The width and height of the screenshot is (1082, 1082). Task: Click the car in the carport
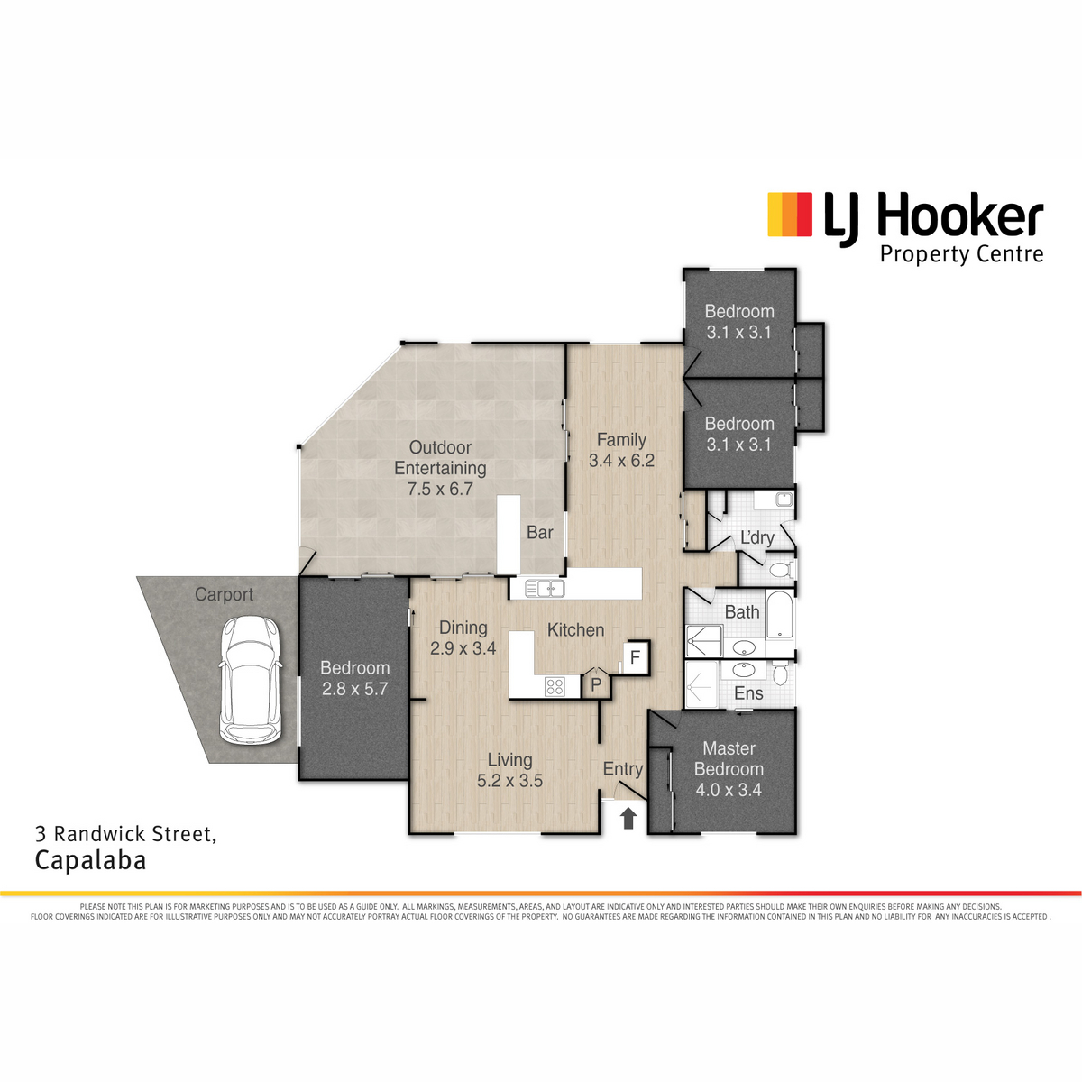[x=250, y=680]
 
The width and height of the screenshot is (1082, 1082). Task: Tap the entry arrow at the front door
[x=628, y=818]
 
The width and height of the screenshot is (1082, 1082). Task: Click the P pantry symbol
[x=596, y=683]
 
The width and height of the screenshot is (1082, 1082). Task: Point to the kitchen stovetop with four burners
[x=555, y=686]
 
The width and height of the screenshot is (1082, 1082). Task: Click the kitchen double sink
[x=545, y=589]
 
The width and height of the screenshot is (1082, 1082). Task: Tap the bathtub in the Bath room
[x=779, y=614]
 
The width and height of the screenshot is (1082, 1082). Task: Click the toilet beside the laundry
[x=782, y=571]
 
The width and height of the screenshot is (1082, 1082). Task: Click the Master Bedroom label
[x=729, y=758]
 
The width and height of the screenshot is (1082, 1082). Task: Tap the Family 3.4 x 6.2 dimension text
[x=621, y=461]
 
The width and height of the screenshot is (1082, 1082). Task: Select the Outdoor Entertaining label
[x=440, y=458]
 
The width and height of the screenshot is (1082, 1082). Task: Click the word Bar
[x=540, y=532]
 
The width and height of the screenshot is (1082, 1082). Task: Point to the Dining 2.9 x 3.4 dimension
[x=463, y=648]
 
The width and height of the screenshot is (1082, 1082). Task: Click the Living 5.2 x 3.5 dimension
[x=509, y=781]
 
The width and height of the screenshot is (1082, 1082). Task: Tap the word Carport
[x=224, y=594]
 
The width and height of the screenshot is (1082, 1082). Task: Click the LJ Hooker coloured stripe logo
[x=790, y=215]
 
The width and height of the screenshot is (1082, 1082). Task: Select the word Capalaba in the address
[x=91, y=861]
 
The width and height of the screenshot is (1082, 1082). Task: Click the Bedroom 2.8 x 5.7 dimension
[x=355, y=689]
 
